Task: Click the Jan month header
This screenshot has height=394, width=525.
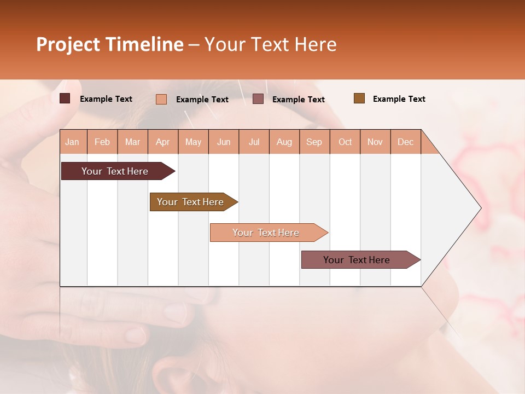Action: (x=72, y=142)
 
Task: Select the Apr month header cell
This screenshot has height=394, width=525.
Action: (x=162, y=142)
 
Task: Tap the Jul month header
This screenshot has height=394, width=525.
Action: (x=254, y=142)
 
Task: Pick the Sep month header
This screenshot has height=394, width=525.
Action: (x=314, y=142)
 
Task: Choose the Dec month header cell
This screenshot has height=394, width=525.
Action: (x=405, y=142)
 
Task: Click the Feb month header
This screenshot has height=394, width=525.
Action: (x=102, y=142)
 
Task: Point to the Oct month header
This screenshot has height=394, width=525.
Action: (x=345, y=142)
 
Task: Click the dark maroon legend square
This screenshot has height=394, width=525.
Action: (x=65, y=99)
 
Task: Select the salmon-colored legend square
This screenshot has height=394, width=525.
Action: (x=161, y=99)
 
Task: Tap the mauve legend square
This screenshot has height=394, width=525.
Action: (x=258, y=99)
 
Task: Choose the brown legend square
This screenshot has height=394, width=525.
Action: (x=359, y=99)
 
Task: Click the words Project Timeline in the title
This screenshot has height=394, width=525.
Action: (x=109, y=44)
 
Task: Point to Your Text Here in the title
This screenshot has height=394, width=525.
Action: (x=270, y=44)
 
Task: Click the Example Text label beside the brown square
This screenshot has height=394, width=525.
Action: (x=399, y=99)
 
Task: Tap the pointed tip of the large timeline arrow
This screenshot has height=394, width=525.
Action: (x=480, y=208)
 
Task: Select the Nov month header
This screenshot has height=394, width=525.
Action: (x=375, y=142)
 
